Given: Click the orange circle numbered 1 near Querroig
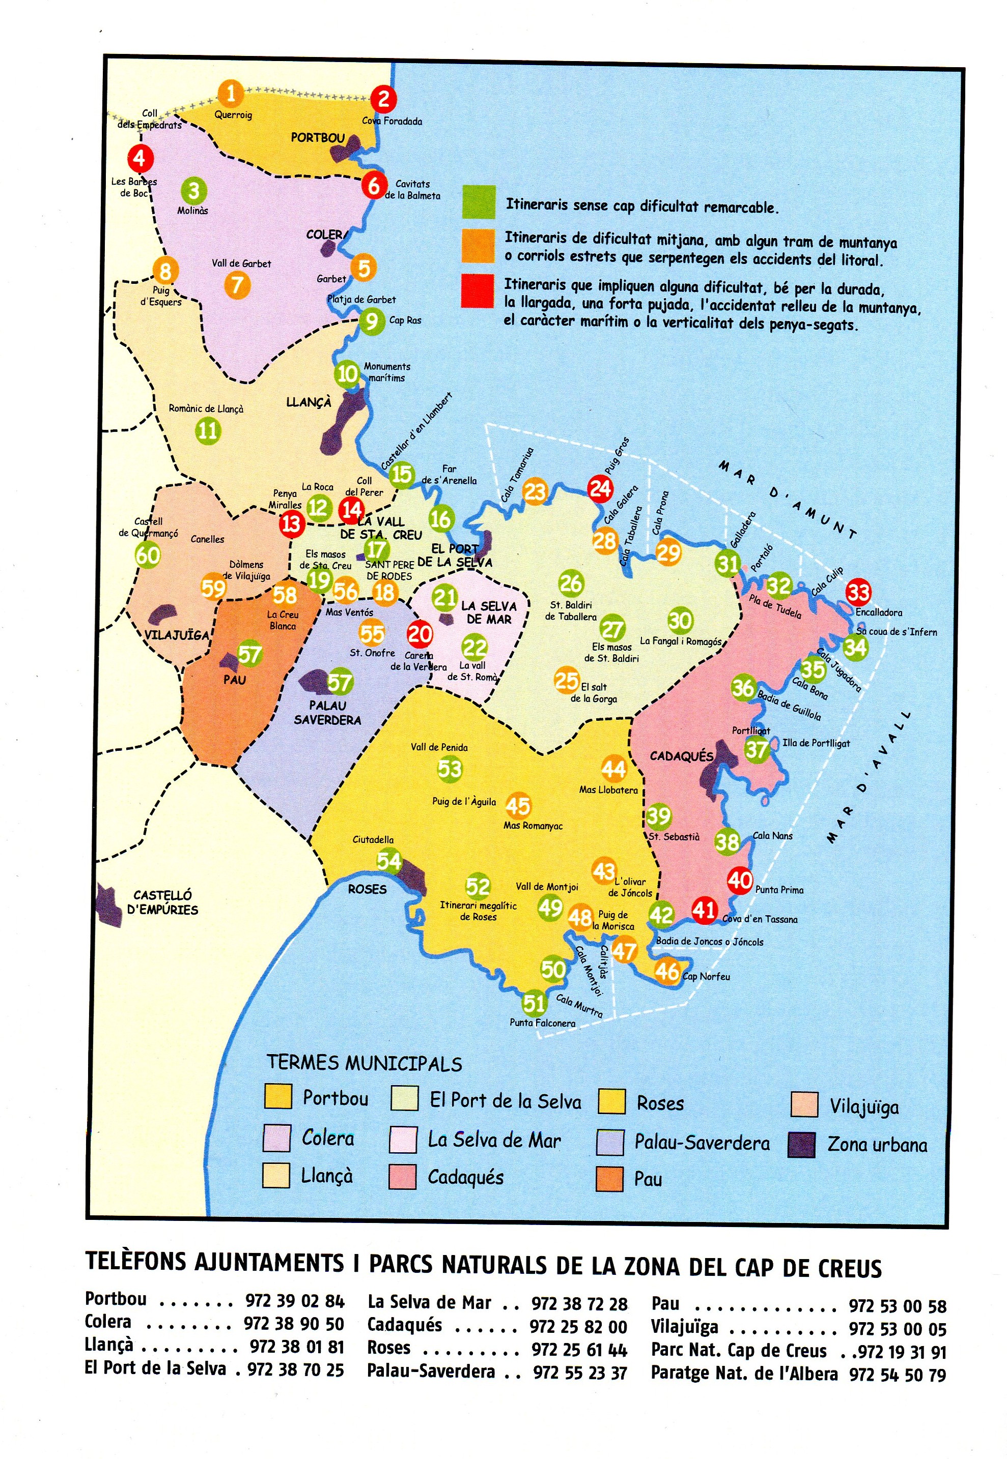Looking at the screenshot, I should click(231, 94).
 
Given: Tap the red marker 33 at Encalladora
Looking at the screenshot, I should click(858, 592).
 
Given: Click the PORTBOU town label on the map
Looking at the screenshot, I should click(317, 137).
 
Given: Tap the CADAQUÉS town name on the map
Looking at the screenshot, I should click(681, 756).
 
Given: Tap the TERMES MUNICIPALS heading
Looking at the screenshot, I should click(364, 1064).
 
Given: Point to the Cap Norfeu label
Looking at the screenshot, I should click(706, 977).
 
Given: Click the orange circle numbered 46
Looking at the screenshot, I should click(667, 971).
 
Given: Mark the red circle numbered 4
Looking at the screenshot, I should click(139, 158).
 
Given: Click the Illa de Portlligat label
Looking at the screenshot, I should click(816, 743).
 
